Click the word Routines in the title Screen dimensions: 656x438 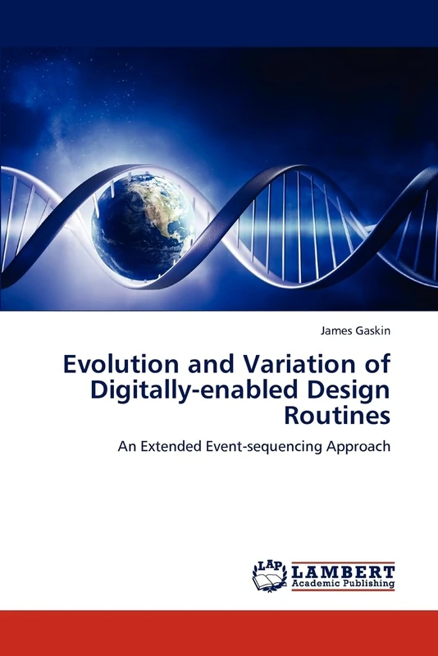[x=337, y=415]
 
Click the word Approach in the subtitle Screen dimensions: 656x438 [x=362, y=447]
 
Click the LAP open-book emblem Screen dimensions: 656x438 [x=270, y=576]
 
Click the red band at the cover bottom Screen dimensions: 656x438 [x=219, y=632]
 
